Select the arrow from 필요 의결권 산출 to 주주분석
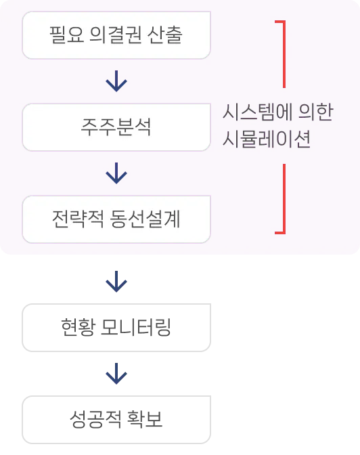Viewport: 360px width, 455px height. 116,81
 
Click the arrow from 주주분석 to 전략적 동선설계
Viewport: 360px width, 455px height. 116,173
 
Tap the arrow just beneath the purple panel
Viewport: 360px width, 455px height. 116,280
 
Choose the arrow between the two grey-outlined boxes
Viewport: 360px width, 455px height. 116,373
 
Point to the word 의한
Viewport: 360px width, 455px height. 315,113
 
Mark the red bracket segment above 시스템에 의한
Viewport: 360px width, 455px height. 283,54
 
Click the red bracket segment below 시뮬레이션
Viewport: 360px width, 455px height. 283,200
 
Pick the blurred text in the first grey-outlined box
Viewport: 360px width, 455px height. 116,327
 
